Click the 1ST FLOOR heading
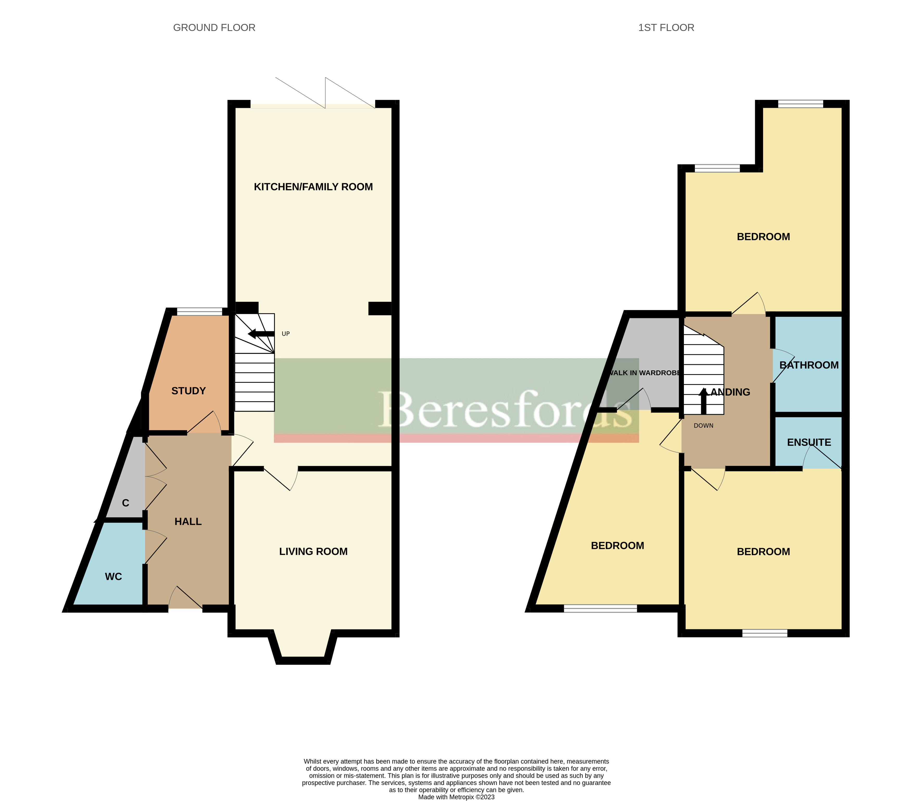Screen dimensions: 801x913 (666, 28)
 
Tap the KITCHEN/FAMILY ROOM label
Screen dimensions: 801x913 (313, 187)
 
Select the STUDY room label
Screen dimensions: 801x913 (188, 391)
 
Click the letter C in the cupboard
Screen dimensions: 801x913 (125, 503)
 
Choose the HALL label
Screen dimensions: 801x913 (188, 521)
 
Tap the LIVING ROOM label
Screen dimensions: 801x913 (313, 551)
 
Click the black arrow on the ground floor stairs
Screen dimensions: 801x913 (261, 334)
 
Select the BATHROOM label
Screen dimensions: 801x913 (809, 365)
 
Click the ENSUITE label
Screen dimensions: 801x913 (809, 442)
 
